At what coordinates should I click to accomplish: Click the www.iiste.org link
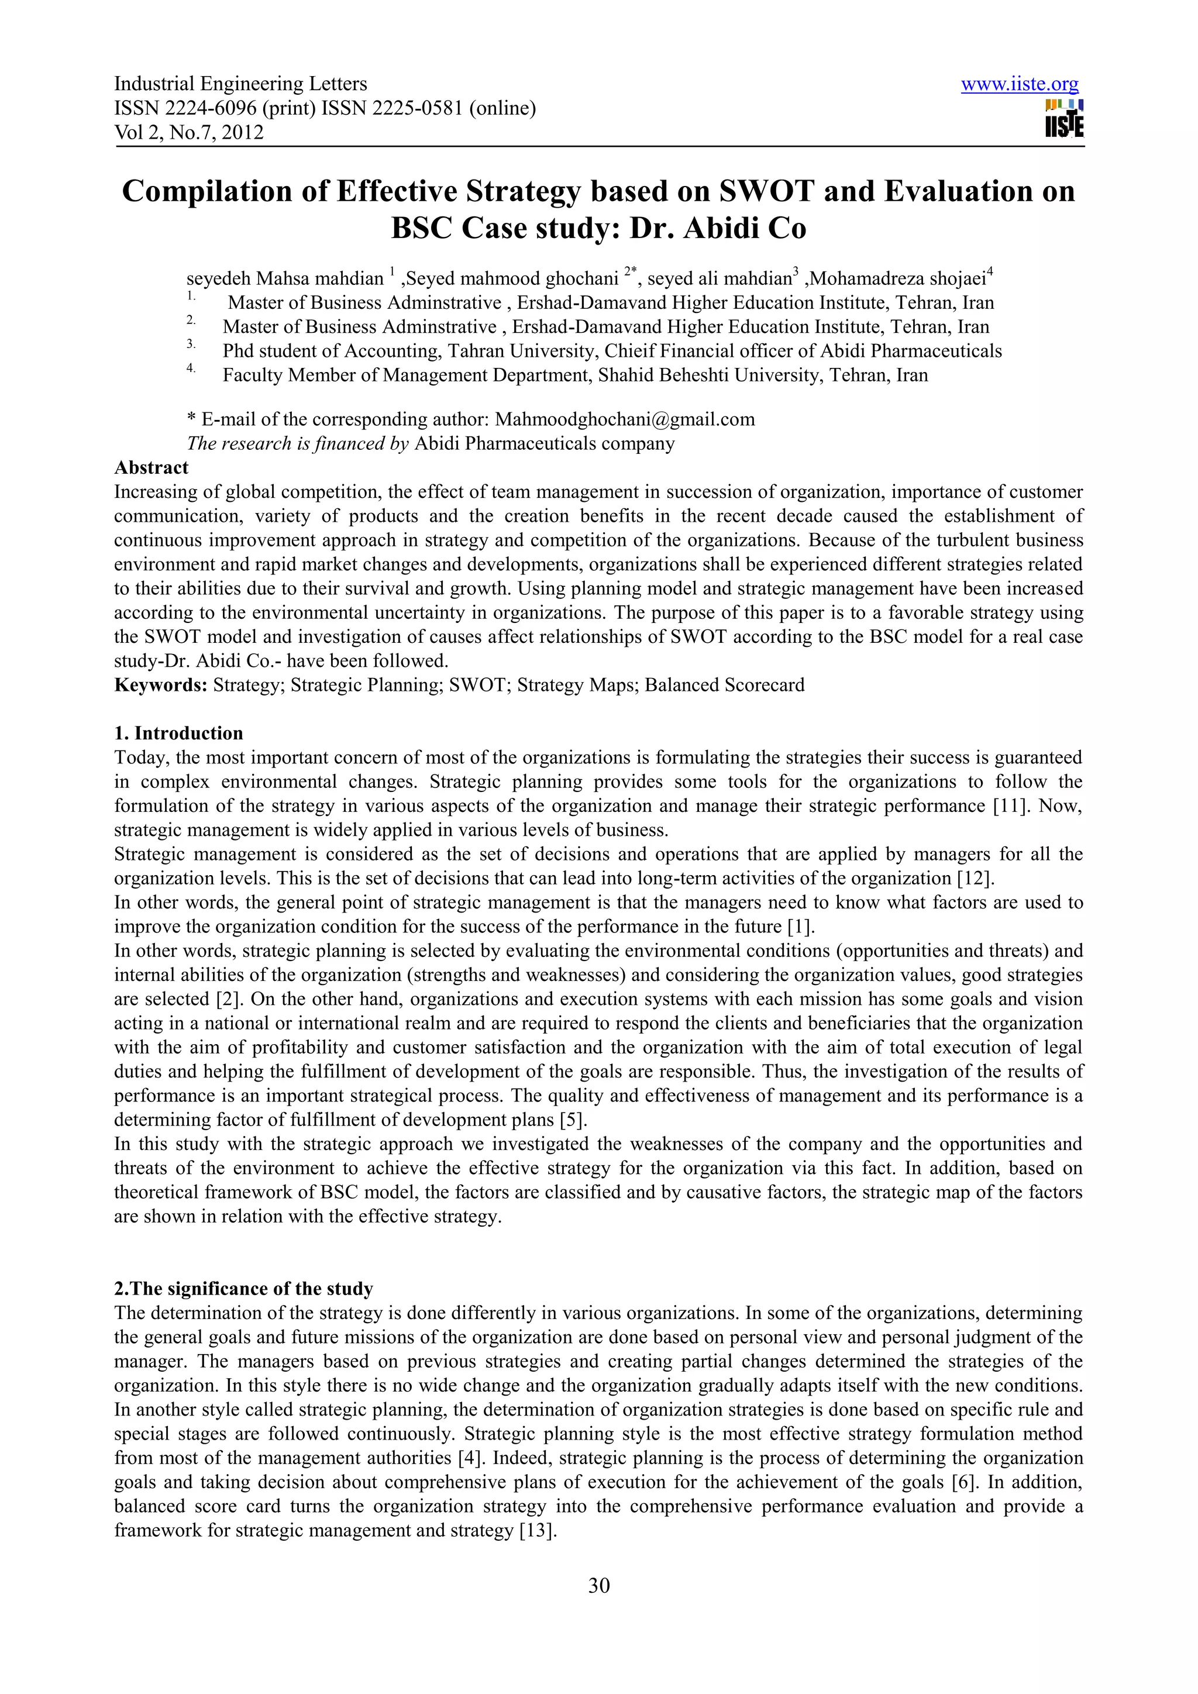click(1019, 84)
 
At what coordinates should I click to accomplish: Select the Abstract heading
click(152, 468)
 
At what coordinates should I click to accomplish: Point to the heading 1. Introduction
click(178, 734)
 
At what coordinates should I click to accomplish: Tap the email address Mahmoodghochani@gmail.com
click(624, 420)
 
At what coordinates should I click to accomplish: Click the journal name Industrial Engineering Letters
click(240, 84)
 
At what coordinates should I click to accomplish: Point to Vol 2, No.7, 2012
click(189, 133)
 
